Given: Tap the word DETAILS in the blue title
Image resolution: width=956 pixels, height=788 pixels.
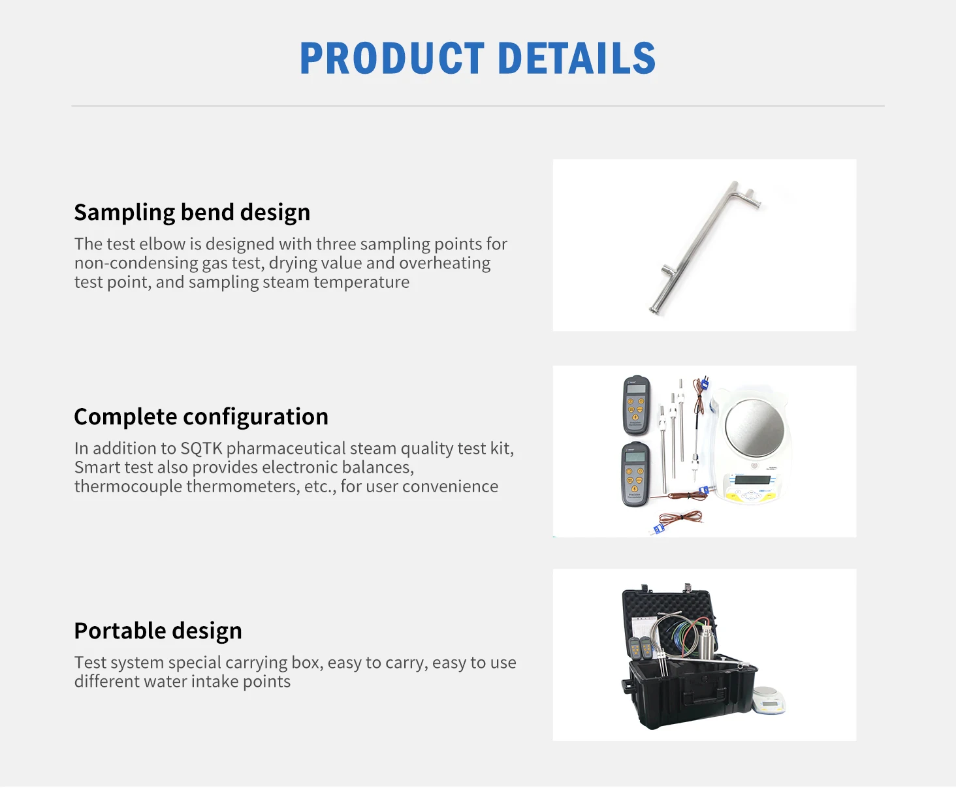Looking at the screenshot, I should tap(577, 58).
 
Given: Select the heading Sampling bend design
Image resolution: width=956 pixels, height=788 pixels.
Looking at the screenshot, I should tap(192, 213).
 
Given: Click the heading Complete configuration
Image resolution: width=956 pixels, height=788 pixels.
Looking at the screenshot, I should tap(201, 417).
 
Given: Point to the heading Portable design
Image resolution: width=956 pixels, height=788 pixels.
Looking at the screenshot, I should tap(158, 631).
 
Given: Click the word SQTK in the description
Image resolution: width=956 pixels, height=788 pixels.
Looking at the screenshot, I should tap(201, 449).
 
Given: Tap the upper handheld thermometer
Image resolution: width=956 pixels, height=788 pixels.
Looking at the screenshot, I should tap(636, 405).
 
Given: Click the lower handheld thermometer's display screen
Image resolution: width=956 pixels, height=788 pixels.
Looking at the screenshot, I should tap(635, 458).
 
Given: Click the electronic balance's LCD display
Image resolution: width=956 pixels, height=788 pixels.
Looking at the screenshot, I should tap(752, 481).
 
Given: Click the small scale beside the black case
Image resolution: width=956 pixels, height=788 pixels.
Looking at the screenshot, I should tap(768, 701).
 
